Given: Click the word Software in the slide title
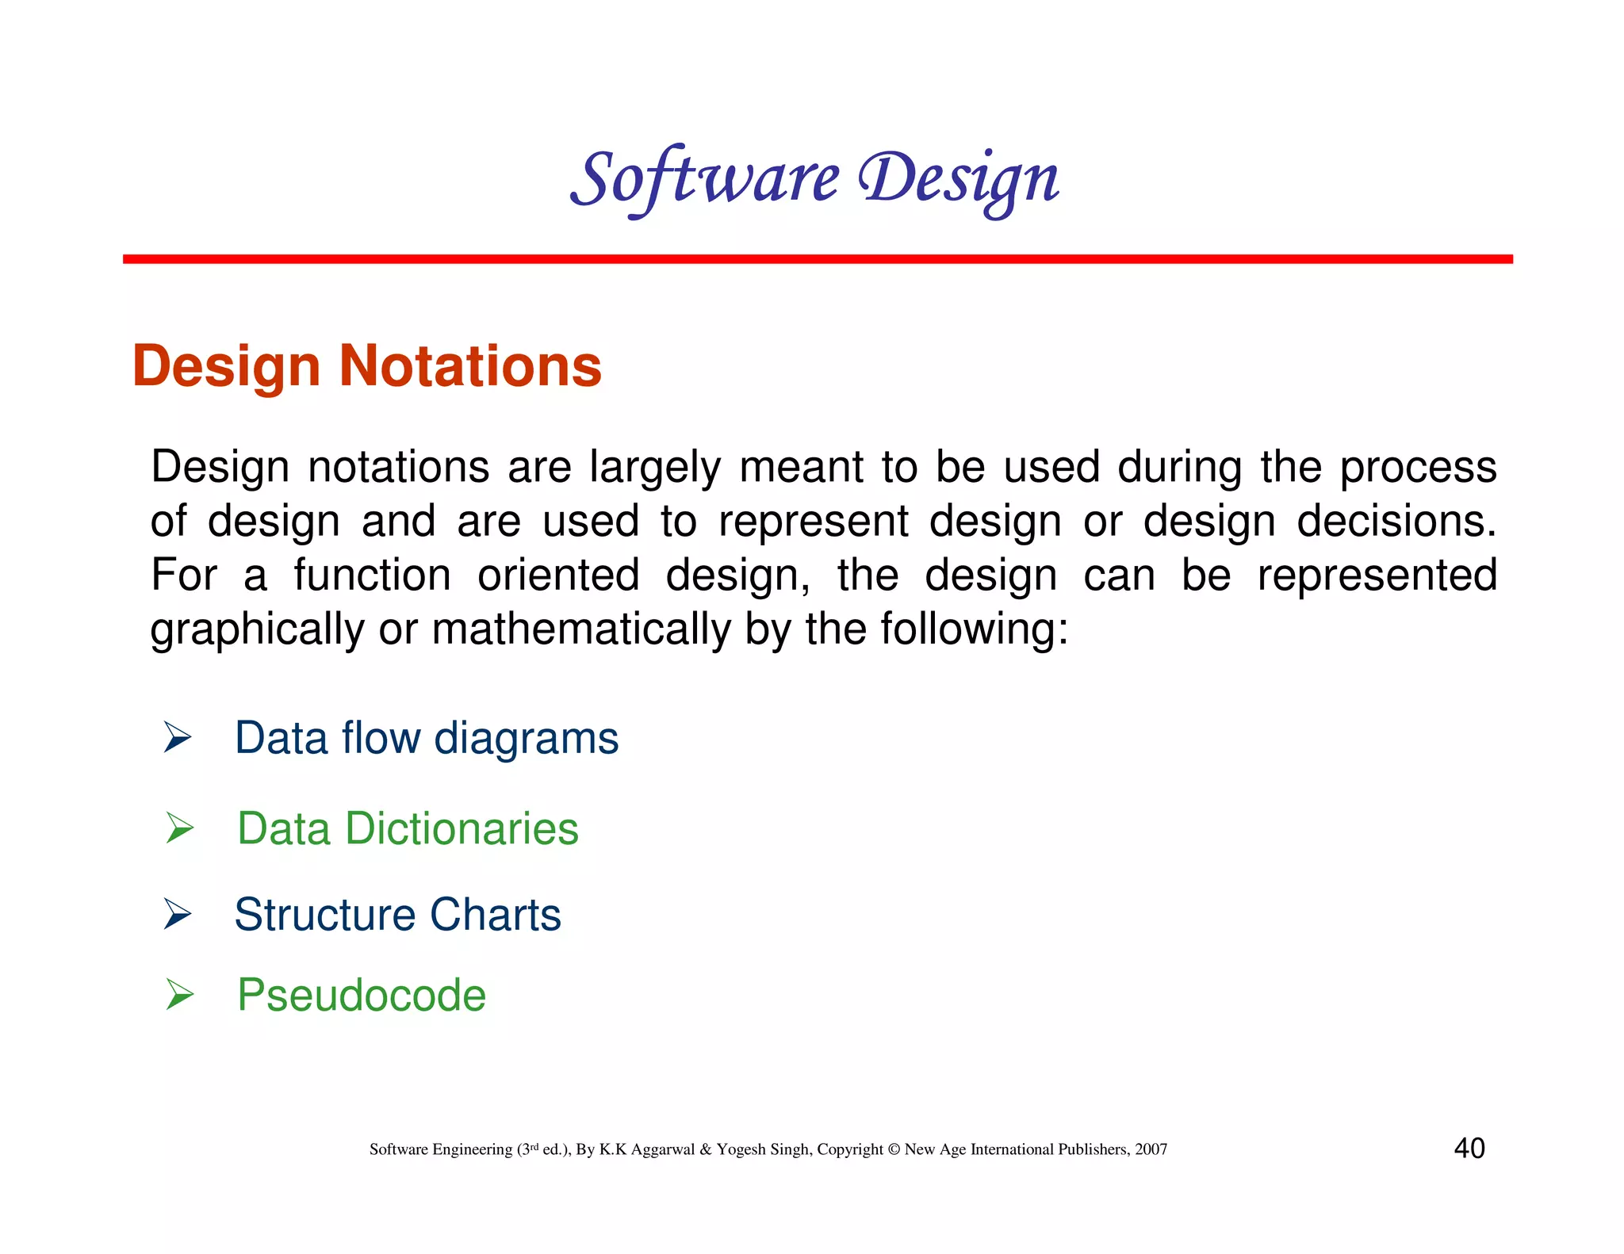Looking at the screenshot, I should coord(704,179).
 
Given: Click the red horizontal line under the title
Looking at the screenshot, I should coord(817,259).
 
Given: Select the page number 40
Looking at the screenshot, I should coord(1469,1148).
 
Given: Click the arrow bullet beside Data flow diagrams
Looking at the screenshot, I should coord(178,737).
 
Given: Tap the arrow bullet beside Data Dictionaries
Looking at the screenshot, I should coord(180,828).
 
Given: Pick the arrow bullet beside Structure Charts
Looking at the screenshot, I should coord(178,914).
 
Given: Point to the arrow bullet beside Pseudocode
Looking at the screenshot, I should coord(180,995).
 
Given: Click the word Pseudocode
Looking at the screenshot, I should coord(362,995).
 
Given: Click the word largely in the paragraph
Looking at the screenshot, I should coord(654,468).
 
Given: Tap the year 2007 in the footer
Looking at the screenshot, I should coord(1151,1149).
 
